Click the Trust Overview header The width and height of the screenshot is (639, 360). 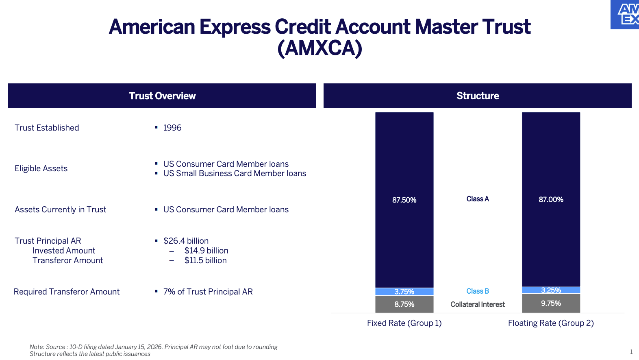click(162, 96)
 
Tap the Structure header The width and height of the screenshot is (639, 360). click(478, 96)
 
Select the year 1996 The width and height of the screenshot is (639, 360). click(172, 128)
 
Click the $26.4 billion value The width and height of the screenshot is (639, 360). click(186, 241)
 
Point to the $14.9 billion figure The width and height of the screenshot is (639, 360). click(206, 251)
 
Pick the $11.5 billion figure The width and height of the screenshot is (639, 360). click(205, 260)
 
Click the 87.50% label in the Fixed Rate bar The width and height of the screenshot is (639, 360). click(404, 200)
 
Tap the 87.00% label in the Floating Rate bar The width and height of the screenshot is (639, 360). click(551, 200)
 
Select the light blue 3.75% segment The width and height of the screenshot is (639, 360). click(404, 292)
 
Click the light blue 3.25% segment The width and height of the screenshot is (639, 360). click(551, 290)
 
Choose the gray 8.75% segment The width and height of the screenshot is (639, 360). click(404, 304)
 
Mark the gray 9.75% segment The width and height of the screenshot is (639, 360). click(551, 303)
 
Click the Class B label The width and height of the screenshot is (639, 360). click(478, 291)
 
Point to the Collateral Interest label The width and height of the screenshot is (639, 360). click(478, 304)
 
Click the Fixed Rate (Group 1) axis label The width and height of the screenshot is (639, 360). click(404, 323)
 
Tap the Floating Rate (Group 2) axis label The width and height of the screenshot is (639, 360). click(551, 323)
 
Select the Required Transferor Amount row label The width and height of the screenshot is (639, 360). click(67, 292)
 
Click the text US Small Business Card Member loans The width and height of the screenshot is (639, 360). click(235, 174)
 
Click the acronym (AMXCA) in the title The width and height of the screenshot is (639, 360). click(319, 48)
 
